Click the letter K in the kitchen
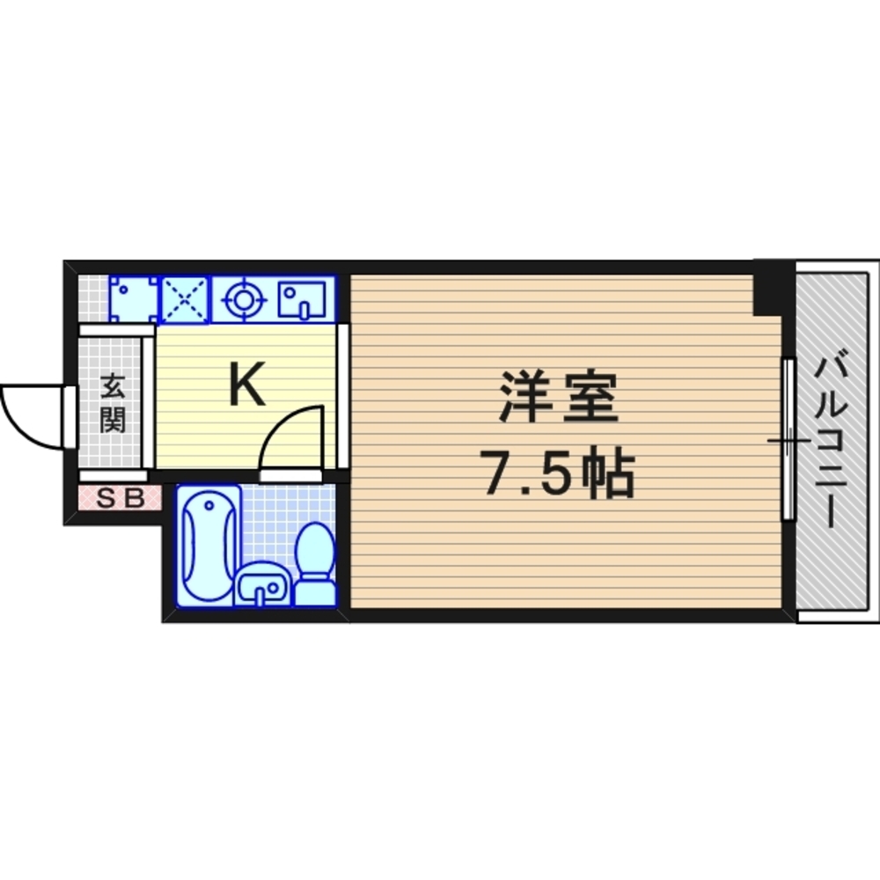(x=247, y=386)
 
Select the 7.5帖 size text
(x=556, y=475)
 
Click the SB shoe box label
(x=120, y=499)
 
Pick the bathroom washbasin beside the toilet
(x=261, y=585)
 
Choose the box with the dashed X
(x=185, y=300)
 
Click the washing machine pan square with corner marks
(x=133, y=300)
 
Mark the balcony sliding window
(x=789, y=440)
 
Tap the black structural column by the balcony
(x=767, y=287)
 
